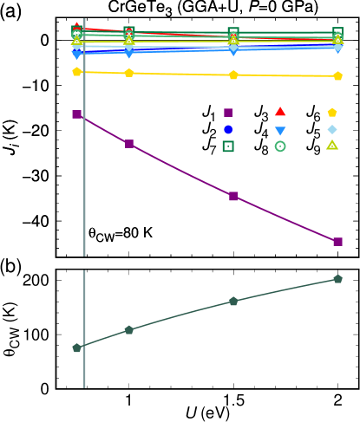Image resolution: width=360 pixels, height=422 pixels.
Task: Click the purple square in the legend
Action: (x=228, y=113)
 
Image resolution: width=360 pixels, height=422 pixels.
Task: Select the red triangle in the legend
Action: (x=280, y=112)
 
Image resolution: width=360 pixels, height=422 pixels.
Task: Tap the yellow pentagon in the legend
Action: (x=332, y=112)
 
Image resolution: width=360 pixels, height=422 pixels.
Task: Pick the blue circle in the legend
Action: (x=228, y=129)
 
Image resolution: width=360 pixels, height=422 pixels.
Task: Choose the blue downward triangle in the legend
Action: (x=280, y=131)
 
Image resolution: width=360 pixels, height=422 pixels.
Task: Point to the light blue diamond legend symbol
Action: (x=332, y=129)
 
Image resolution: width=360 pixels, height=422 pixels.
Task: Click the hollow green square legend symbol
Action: (x=228, y=146)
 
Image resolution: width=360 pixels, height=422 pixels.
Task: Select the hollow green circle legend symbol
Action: (x=280, y=146)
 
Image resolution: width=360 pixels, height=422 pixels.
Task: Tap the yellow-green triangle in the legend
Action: (x=332, y=146)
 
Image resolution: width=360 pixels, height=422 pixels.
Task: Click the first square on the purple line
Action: (x=77, y=114)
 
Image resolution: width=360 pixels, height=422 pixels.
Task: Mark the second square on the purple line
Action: (x=129, y=144)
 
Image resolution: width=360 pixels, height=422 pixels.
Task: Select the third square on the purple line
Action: (x=233, y=197)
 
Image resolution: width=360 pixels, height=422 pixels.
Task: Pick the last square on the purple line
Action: (x=337, y=242)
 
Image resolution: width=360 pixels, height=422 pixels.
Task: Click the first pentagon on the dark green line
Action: (x=77, y=347)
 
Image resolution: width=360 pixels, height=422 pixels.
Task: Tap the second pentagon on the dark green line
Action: (x=129, y=329)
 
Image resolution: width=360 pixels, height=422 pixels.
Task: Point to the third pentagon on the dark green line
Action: (x=233, y=301)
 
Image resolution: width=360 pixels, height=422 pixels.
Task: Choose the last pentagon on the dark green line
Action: (x=337, y=279)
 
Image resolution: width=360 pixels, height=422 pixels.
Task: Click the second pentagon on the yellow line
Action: (x=129, y=73)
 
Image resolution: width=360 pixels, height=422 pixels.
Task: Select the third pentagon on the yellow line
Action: (x=233, y=75)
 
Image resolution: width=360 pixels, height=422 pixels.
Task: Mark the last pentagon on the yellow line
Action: (x=337, y=76)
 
